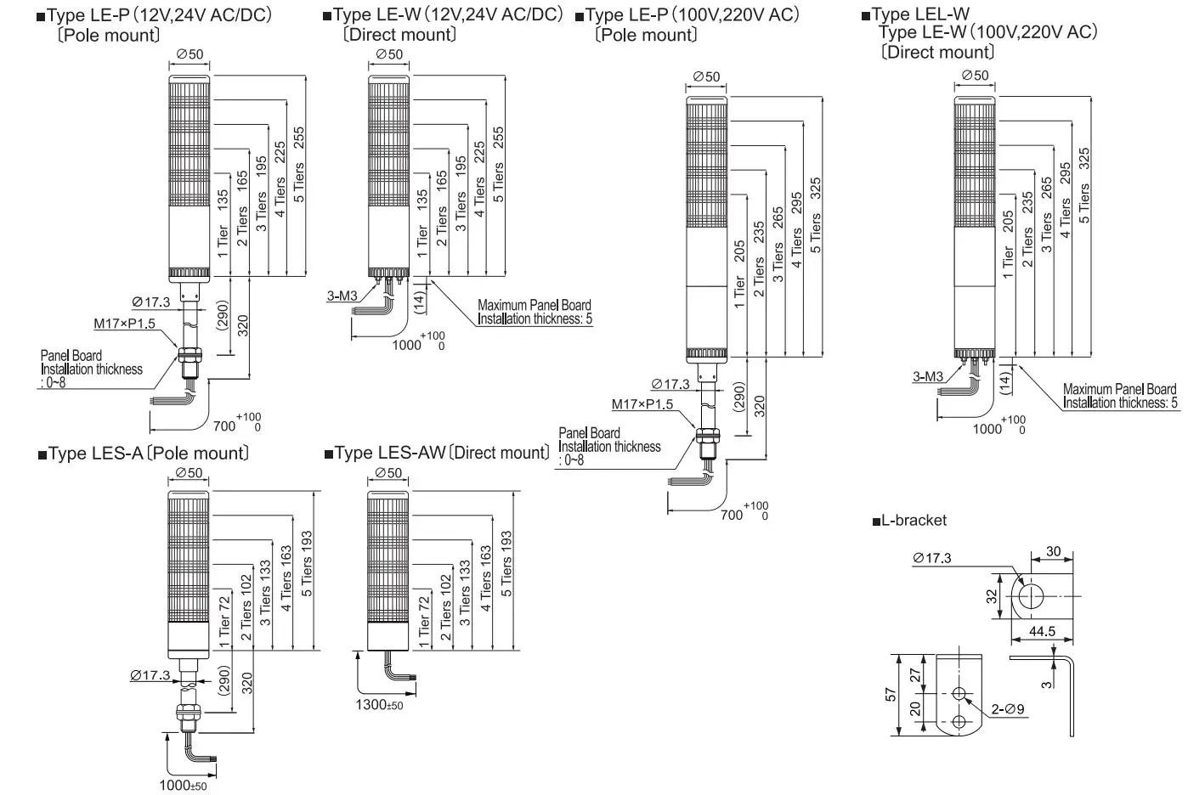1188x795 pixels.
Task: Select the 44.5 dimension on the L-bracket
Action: [1041, 631]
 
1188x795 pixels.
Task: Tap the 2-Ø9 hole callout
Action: [1008, 709]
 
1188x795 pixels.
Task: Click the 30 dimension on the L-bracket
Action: [1054, 551]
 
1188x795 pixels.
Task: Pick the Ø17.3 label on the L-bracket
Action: [932, 558]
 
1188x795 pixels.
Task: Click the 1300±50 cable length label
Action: [379, 705]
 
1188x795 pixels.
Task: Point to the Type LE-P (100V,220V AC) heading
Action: [692, 14]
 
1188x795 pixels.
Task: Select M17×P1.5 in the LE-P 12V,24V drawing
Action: [124, 324]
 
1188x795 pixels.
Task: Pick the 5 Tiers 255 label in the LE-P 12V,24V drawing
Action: [298, 164]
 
